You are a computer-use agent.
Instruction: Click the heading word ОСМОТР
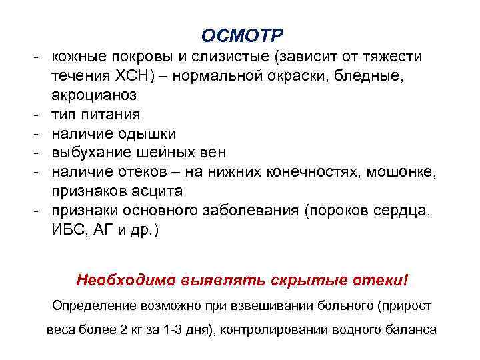tap(242, 34)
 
